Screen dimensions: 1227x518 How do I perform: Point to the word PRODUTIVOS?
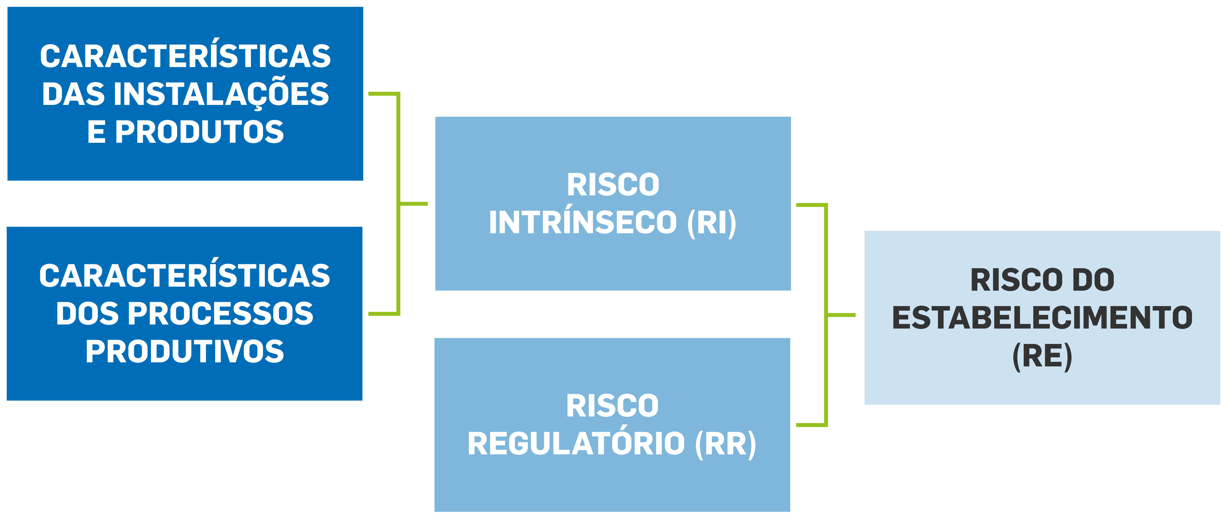[185, 351]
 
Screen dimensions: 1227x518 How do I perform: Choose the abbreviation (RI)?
[712, 223]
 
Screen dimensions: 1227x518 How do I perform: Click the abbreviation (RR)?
[725, 444]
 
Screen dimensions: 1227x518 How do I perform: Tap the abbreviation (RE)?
[1042, 356]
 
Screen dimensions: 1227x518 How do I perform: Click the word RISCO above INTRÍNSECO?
[613, 185]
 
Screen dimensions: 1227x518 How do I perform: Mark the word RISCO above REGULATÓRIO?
[613, 406]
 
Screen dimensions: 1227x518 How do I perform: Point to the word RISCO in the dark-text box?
[1017, 280]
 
